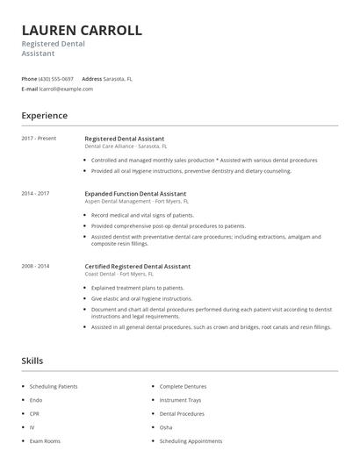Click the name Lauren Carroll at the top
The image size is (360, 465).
82,30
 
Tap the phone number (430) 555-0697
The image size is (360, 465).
57,78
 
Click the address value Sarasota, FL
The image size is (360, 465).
118,78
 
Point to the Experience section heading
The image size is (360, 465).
44,116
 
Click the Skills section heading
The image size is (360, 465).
32,361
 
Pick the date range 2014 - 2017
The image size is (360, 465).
35,193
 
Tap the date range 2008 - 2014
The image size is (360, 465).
35,266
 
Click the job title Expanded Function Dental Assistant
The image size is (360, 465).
135,193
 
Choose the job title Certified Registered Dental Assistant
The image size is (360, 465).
137,266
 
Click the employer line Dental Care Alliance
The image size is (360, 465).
126,147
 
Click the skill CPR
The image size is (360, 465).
34,413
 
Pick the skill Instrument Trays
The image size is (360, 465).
180,400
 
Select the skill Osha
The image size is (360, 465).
166,427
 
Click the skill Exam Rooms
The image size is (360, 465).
44,440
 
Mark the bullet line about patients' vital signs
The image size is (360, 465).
142,215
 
